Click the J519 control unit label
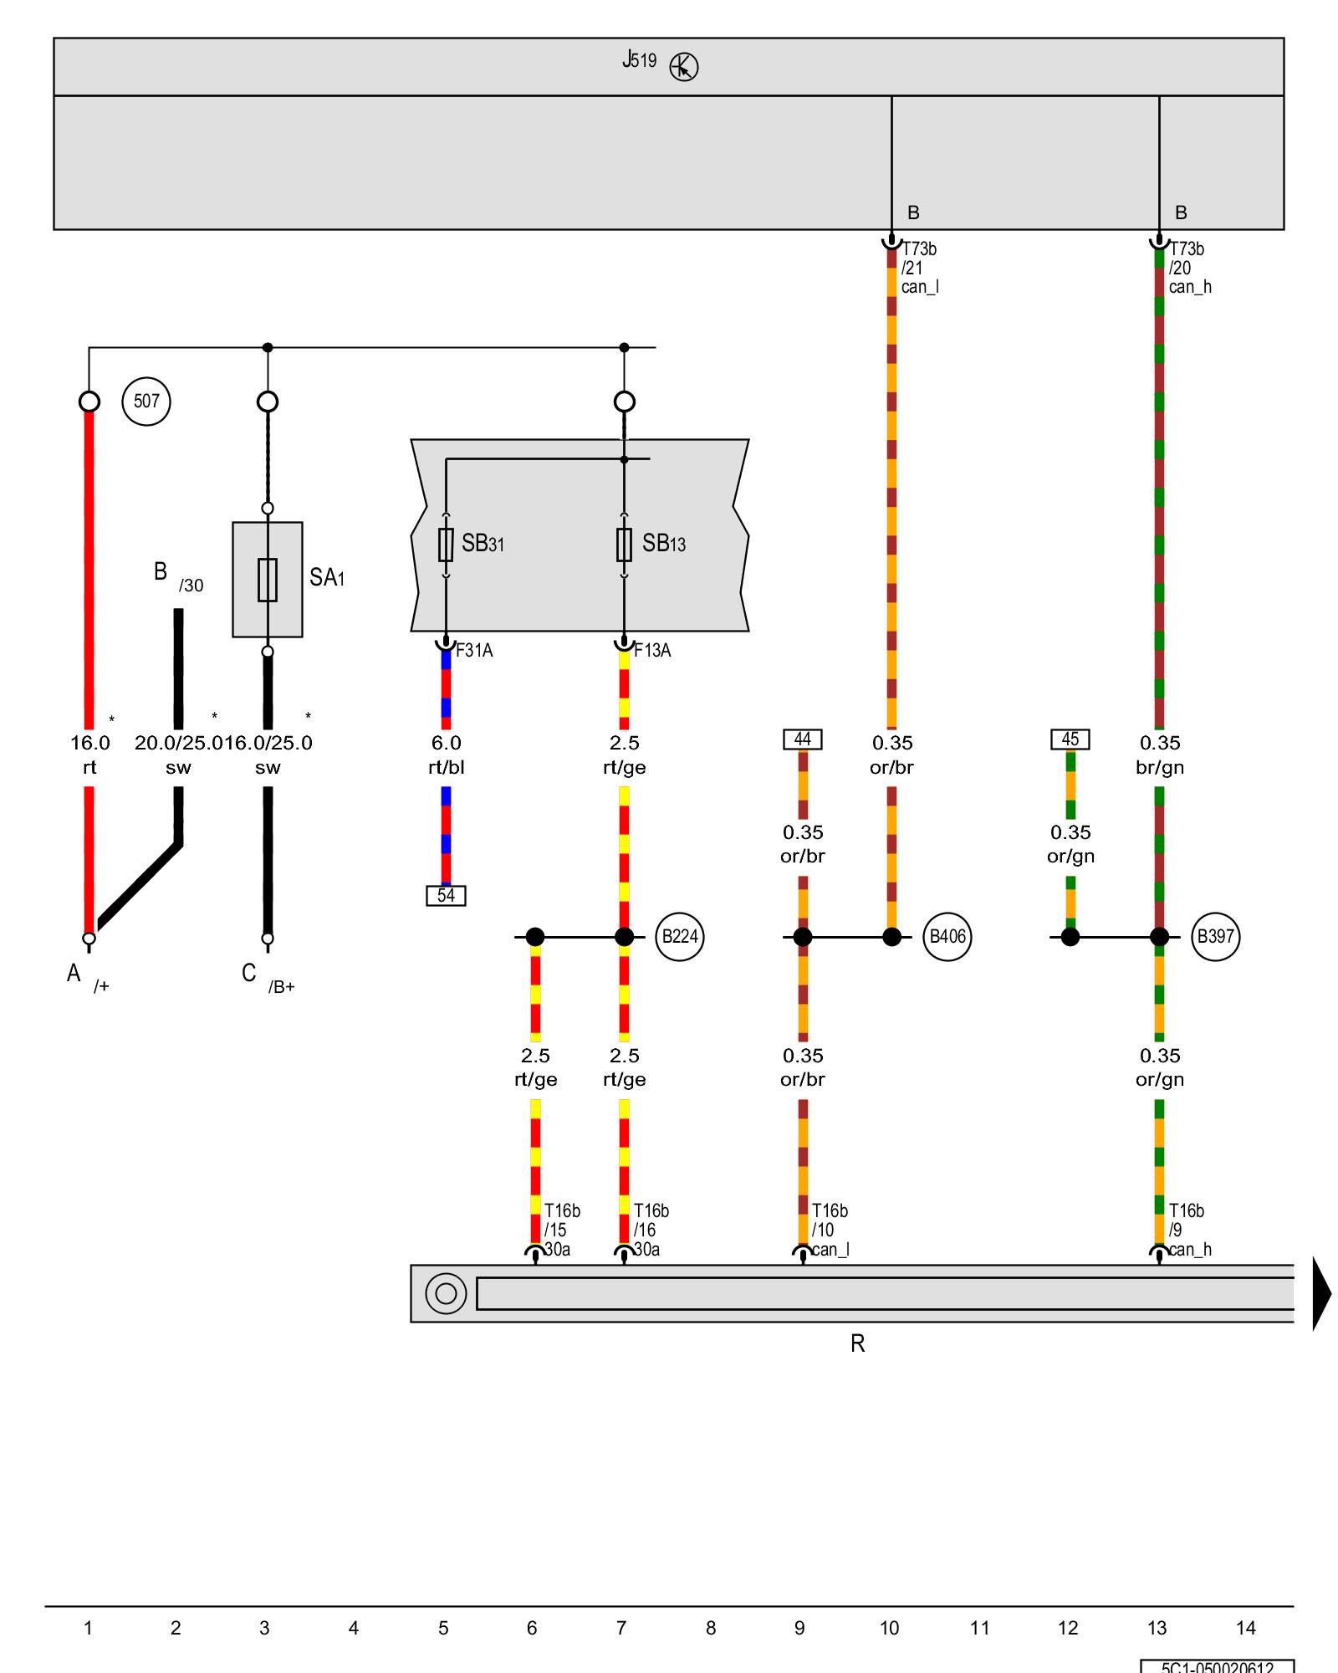coord(640,60)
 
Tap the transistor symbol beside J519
coord(684,67)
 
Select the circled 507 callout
coord(146,402)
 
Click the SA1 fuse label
coord(326,577)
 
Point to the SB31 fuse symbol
coord(446,545)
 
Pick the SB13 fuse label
coord(664,544)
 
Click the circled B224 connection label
coord(680,937)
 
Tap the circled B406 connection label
coord(947,937)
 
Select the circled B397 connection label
coord(1215,937)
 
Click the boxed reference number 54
coord(446,896)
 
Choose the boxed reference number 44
coord(803,739)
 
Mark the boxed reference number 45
coord(1070,739)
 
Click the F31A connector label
coord(474,651)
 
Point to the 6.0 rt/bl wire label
coord(446,755)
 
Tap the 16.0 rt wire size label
coord(89,743)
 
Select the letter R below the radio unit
coord(858,1343)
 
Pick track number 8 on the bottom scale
coord(711,1628)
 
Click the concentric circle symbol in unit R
coord(446,1293)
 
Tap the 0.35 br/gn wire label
coord(1160,755)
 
